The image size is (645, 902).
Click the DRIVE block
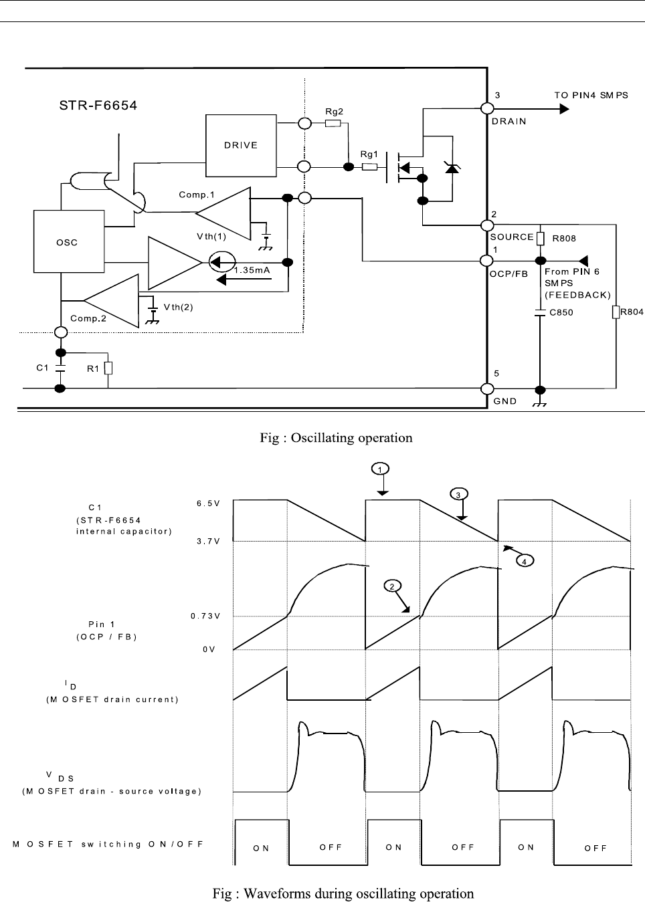pos(240,145)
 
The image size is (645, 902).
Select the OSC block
pos(67,242)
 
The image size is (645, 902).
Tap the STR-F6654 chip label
pos(97,105)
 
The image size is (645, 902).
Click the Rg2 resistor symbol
pos(333,123)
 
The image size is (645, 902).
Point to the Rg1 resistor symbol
pos(369,166)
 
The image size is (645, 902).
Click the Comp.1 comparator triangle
pos(223,213)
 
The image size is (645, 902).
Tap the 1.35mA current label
pos(252,270)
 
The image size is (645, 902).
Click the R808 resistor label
pos(564,238)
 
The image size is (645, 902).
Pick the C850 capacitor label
pos(561,312)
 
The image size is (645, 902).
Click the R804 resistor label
pos(632,312)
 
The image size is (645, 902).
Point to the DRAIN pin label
pos(509,121)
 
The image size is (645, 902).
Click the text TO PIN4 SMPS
pos(591,95)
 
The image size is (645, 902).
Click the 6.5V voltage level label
pos(208,503)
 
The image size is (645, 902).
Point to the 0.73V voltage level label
pos(205,616)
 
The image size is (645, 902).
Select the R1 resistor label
pos(94,368)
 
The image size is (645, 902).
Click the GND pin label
pos(505,401)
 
